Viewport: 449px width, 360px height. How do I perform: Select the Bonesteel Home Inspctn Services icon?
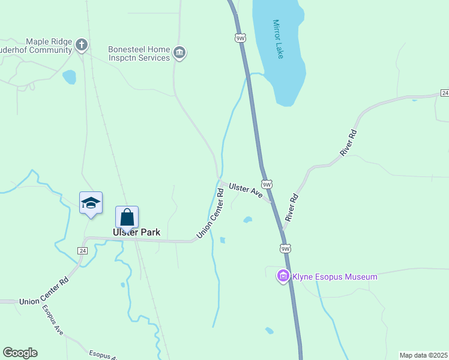(179, 53)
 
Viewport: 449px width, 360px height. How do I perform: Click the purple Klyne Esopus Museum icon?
(283, 276)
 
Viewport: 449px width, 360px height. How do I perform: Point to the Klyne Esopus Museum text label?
(334, 277)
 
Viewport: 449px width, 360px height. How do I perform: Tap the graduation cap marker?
(91, 203)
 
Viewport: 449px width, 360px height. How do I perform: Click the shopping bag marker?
(127, 217)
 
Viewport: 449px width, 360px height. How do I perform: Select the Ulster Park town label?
(136, 232)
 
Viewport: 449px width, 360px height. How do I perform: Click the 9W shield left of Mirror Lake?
(240, 38)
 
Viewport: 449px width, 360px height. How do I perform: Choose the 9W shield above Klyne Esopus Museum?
(286, 248)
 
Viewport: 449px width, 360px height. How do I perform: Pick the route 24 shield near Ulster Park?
(83, 250)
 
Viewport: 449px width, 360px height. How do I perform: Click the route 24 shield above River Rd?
(444, 93)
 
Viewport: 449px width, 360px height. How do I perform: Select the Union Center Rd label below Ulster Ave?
(211, 213)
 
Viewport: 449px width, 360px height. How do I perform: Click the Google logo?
(20, 353)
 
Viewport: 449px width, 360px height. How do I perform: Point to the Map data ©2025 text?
(423, 355)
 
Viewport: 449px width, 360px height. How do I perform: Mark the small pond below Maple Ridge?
(70, 77)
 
